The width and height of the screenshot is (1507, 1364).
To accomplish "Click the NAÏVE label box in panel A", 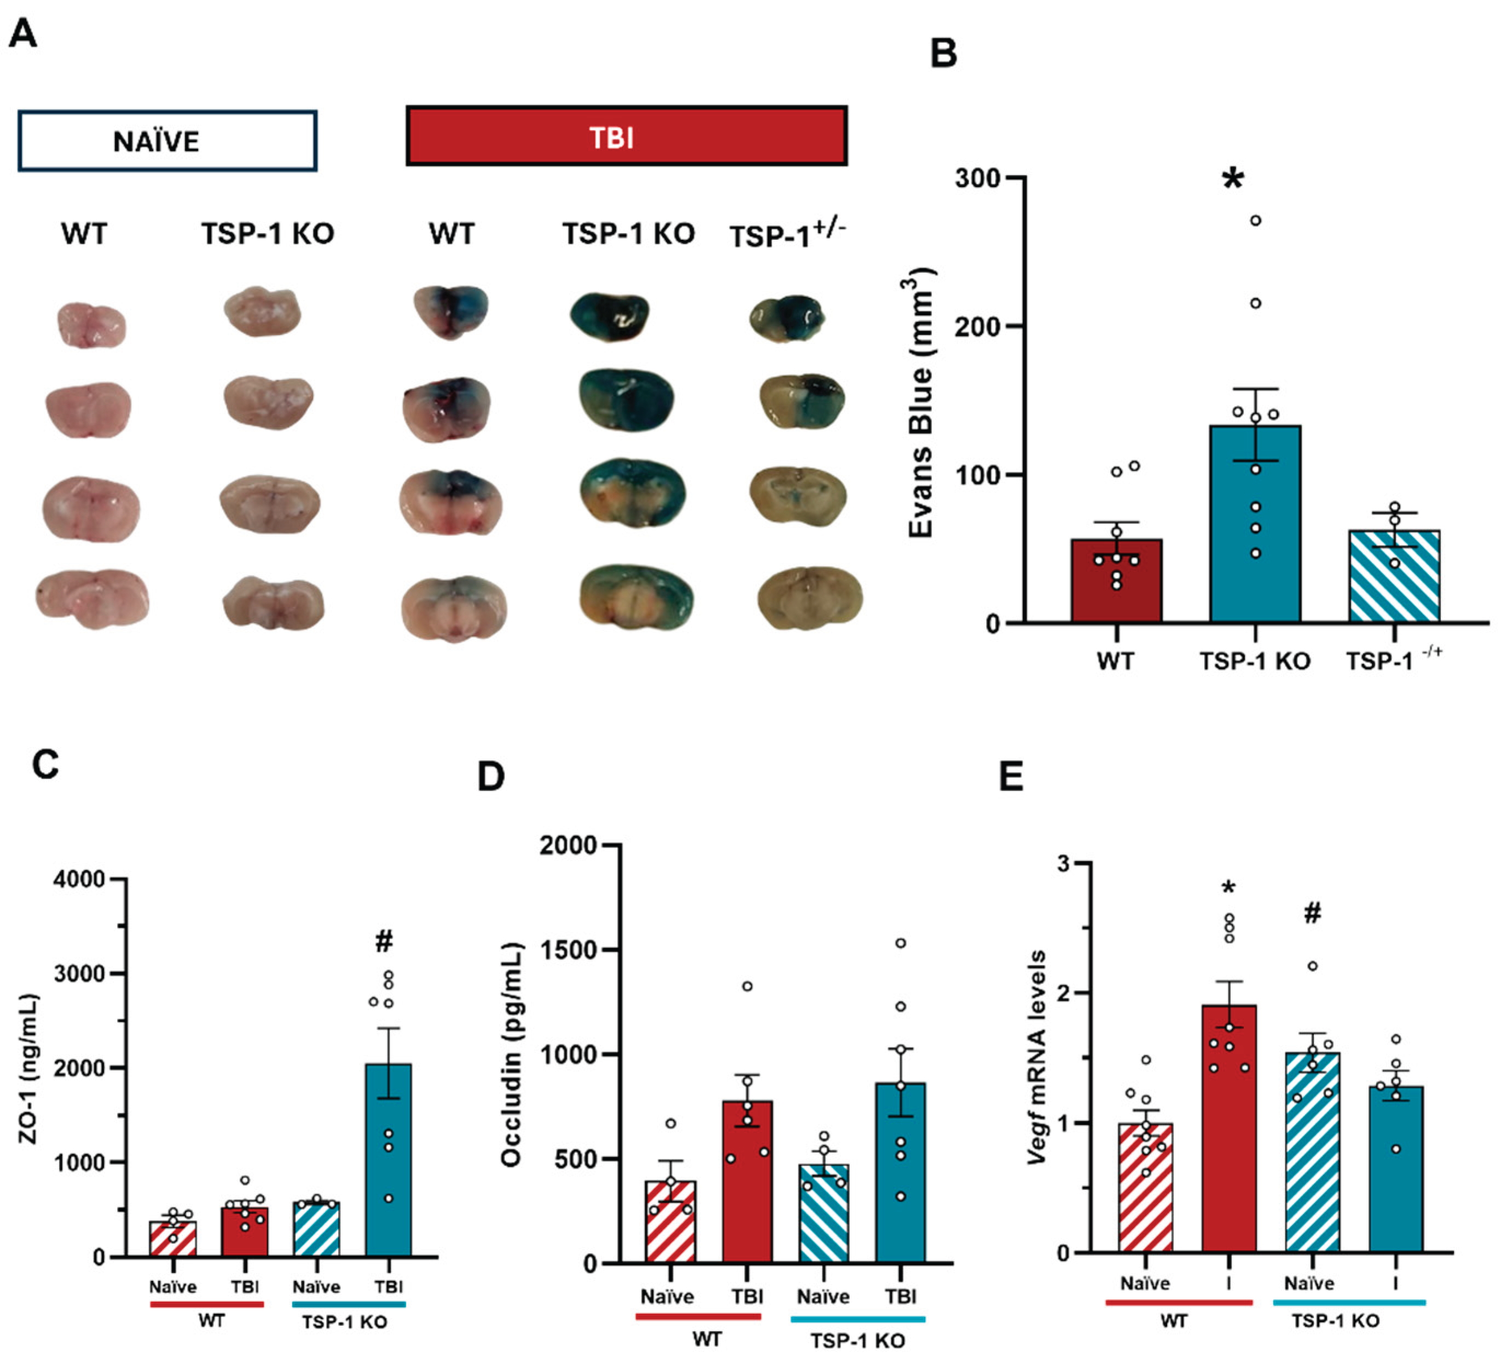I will pos(167,141).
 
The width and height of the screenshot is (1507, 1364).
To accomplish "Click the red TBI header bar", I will pos(627,136).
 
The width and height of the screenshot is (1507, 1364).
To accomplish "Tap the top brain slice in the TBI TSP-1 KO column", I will pos(609,317).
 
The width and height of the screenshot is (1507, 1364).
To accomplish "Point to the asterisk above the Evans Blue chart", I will pos(1233,180).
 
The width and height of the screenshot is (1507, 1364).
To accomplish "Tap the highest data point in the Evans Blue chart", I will pos(1256,221).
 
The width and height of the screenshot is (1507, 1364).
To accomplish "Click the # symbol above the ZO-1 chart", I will pos(384,941).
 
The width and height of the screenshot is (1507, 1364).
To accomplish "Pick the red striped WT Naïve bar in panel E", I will pos(1145,1189).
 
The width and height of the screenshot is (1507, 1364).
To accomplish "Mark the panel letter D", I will pos(491,778).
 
